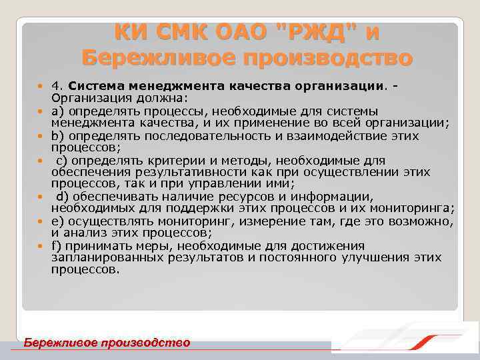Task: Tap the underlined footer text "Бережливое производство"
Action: click(x=107, y=343)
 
